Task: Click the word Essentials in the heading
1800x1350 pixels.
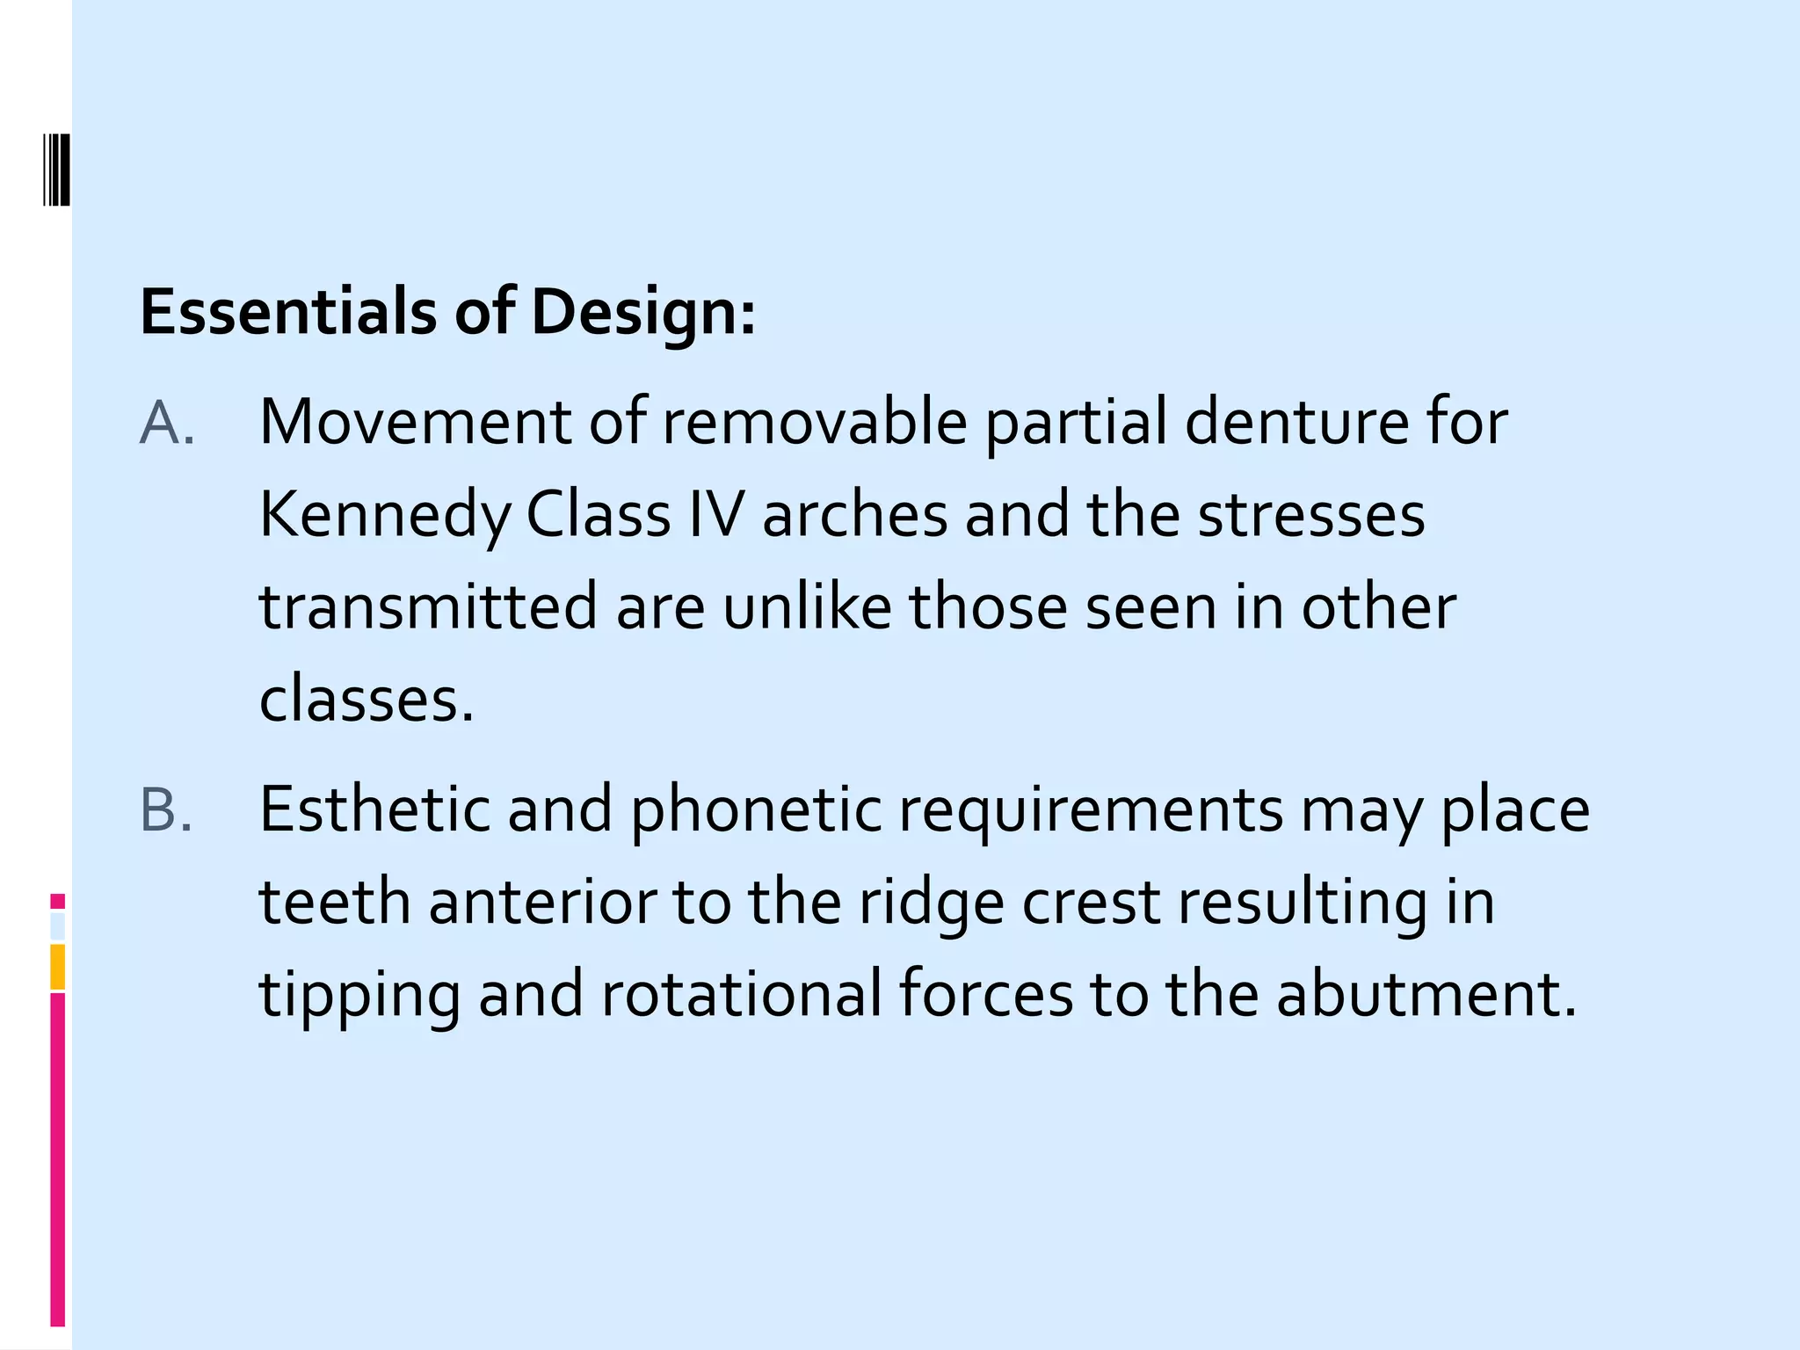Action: point(288,312)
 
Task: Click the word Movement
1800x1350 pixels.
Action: point(416,423)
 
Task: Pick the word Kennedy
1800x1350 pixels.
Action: point(384,517)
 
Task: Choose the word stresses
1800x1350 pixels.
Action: point(1311,515)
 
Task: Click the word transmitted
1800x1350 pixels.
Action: point(429,607)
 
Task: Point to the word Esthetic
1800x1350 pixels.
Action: point(374,809)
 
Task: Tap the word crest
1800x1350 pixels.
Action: point(1090,904)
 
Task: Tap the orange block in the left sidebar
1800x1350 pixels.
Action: point(57,967)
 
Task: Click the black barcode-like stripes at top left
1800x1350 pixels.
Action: point(57,169)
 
